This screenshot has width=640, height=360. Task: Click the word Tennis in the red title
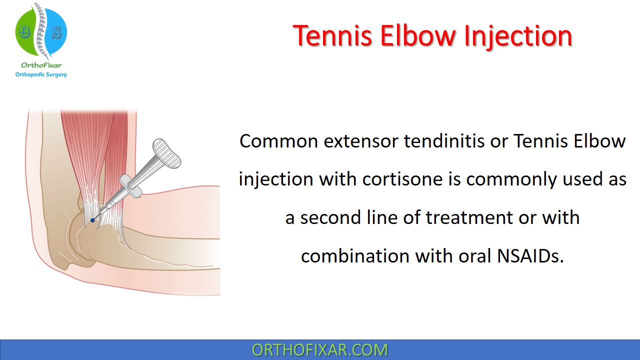coord(332,36)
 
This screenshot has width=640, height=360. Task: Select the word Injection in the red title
coord(518,36)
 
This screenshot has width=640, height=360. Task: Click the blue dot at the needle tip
coord(92,220)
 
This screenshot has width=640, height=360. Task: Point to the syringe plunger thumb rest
coord(166,153)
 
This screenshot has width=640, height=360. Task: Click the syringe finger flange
coord(130,186)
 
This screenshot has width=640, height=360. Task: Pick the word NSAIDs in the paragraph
coord(530,255)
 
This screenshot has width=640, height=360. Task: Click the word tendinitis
coord(444,141)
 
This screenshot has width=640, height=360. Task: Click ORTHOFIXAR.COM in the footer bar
coord(319,350)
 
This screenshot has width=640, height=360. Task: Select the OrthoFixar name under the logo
coord(41,65)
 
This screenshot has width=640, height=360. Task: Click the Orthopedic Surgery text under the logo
coord(41,74)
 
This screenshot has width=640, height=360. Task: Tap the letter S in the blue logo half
coord(57,33)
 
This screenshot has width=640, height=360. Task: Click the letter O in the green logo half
coord(24,31)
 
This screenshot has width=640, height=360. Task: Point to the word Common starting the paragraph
coord(278,141)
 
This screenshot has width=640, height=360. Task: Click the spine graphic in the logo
coord(40,30)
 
